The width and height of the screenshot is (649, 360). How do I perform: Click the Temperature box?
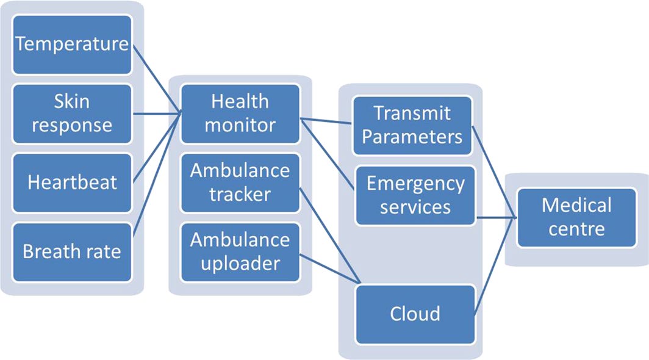pyautogui.click(x=72, y=45)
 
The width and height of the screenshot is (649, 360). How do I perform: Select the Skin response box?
pyautogui.click(x=72, y=113)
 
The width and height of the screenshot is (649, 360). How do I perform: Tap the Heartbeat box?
pyautogui.click(x=72, y=182)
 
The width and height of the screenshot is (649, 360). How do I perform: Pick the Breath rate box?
pyautogui.click(x=72, y=251)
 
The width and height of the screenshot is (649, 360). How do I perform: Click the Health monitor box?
pyautogui.click(x=240, y=113)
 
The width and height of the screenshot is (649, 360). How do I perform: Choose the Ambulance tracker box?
pyautogui.click(x=240, y=182)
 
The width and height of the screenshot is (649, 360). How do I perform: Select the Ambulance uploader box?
pyautogui.click(x=240, y=251)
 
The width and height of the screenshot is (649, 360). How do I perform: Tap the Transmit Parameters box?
pyautogui.click(x=412, y=125)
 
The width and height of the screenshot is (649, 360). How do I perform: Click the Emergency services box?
pyautogui.click(x=415, y=195)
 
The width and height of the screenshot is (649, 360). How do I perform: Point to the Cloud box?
pyautogui.click(x=415, y=314)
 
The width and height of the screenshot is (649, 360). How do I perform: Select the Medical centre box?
pyautogui.click(x=576, y=217)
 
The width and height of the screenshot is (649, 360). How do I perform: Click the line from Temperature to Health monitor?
pyautogui.click(x=156, y=78)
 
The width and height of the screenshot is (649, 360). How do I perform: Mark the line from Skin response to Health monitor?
pyautogui.click(x=156, y=113)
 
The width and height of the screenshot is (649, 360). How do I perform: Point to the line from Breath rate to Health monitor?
pyautogui.click(x=156, y=171)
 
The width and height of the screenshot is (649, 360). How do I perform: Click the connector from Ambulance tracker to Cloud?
pyautogui.click(x=329, y=235)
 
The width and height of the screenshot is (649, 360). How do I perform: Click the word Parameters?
pyautogui.click(x=412, y=136)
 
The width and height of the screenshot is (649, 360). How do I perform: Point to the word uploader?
pyautogui.click(x=240, y=263)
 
